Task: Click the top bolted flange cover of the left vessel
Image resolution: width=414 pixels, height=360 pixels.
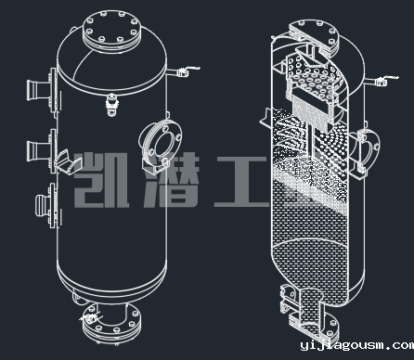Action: (x=111, y=30)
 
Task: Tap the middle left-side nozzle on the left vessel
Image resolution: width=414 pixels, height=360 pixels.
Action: (x=41, y=150)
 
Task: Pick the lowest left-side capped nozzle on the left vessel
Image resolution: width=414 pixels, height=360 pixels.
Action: (x=47, y=205)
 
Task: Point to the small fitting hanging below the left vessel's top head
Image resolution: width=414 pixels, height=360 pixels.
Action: (x=111, y=104)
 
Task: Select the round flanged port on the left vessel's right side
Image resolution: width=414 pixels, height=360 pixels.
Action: (x=161, y=146)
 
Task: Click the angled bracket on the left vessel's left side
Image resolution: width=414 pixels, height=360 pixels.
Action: (x=68, y=162)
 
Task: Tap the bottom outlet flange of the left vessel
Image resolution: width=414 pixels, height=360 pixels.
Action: (x=112, y=322)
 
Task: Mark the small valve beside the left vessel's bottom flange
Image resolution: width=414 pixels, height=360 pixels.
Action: (x=89, y=317)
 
